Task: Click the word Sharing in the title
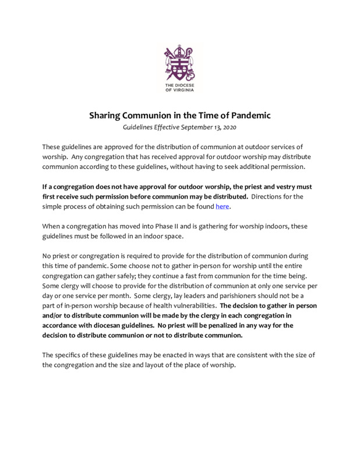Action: click(x=107, y=115)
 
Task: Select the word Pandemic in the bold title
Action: click(x=250, y=115)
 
